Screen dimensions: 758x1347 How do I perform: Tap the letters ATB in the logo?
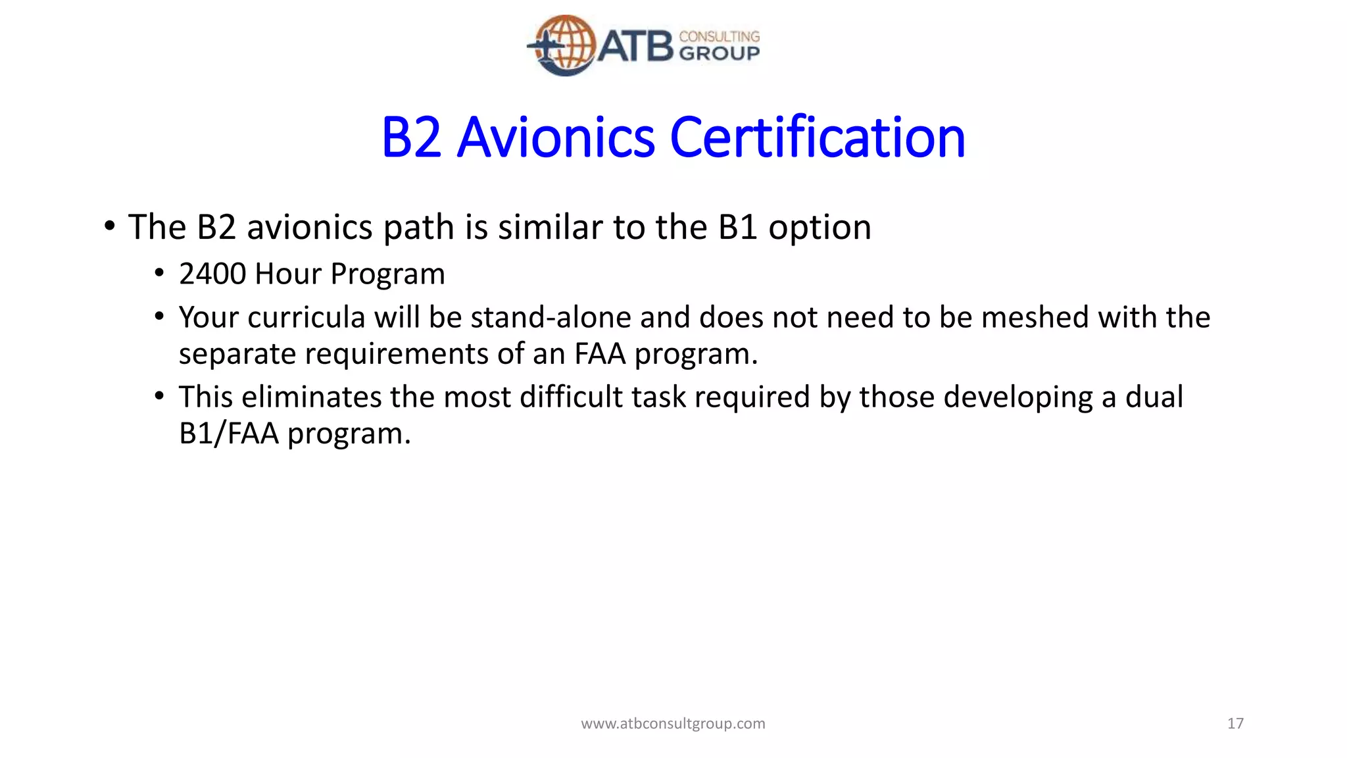(x=635, y=47)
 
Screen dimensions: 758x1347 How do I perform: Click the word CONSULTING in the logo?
(x=719, y=36)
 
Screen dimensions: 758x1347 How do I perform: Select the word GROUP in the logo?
(x=719, y=53)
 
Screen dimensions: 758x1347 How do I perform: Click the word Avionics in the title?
(x=556, y=138)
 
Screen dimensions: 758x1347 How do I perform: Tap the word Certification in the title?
(x=817, y=138)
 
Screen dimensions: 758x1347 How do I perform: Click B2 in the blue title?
(x=411, y=138)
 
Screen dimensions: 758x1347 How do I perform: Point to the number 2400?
(x=212, y=274)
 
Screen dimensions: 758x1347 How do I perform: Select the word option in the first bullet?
(x=820, y=228)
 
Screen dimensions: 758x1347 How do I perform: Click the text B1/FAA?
(x=228, y=434)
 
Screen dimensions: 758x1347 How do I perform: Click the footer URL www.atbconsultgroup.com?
(x=673, y=724)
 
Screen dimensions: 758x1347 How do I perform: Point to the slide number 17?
(x=1235, y=724)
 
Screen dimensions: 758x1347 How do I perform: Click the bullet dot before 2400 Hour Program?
(x=159, y=273)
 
